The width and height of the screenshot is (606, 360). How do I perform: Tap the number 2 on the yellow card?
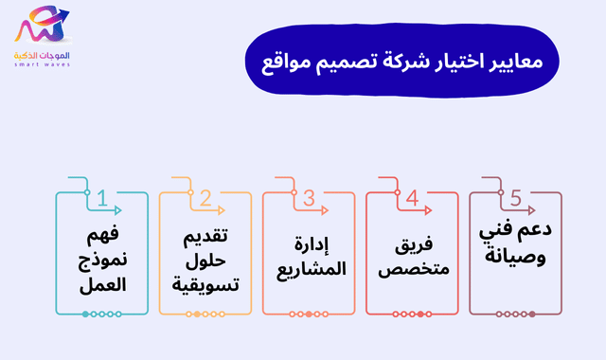(x=205, y=198)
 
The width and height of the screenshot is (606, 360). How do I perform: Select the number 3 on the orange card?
(x=309, y=198)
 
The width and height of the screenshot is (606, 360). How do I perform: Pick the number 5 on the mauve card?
(x=515, y=198)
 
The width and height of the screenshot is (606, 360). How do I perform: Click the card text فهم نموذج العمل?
(x=102, y=258)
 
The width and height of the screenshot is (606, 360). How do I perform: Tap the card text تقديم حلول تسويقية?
(x=205, y=258)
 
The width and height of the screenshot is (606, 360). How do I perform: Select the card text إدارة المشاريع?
(x=309, y=259)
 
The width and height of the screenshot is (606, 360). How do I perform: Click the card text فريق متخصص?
(x=412, y=259)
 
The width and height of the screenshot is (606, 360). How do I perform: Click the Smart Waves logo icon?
(x=42, y=27)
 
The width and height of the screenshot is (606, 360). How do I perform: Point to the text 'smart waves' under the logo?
(x=43, y=66)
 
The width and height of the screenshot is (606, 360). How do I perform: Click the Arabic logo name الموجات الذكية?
(x=43, y=56)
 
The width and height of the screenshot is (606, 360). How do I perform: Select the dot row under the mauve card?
(x=516, y=314)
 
